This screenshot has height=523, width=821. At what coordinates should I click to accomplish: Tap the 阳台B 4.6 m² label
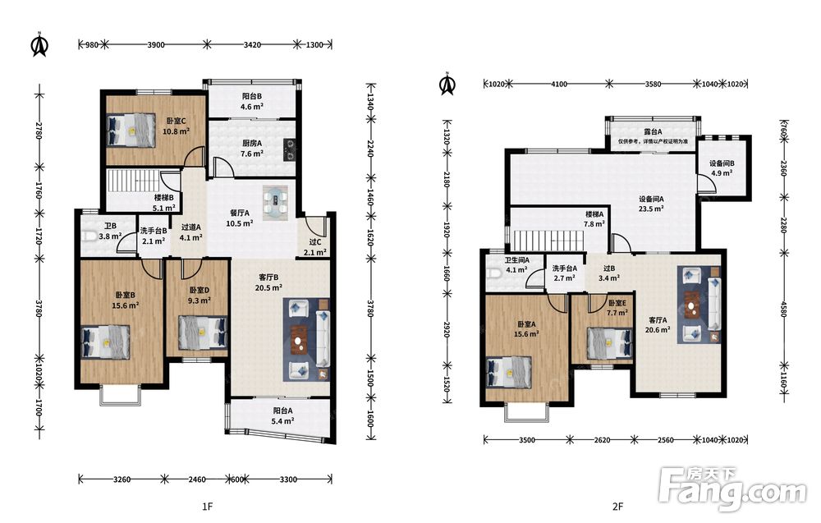252,102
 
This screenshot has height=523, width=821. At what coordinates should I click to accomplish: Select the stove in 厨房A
290,149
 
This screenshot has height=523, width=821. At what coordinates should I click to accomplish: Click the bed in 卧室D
203,332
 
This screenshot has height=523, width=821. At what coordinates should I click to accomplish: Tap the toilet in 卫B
89,236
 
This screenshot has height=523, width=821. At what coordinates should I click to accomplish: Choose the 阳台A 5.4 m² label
282,415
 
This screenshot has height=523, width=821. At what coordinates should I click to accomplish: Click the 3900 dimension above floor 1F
155,45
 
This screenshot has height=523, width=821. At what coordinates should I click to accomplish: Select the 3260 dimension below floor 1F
122,479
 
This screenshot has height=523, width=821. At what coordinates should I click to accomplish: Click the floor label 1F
208,507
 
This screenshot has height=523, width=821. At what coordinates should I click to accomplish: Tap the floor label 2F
618,507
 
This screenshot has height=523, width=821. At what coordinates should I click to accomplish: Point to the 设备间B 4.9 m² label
722,168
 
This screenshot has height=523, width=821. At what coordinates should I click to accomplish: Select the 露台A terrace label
653,132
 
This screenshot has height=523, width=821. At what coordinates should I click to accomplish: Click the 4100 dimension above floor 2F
558,84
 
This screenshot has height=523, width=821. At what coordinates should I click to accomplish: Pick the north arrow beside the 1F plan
39,45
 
